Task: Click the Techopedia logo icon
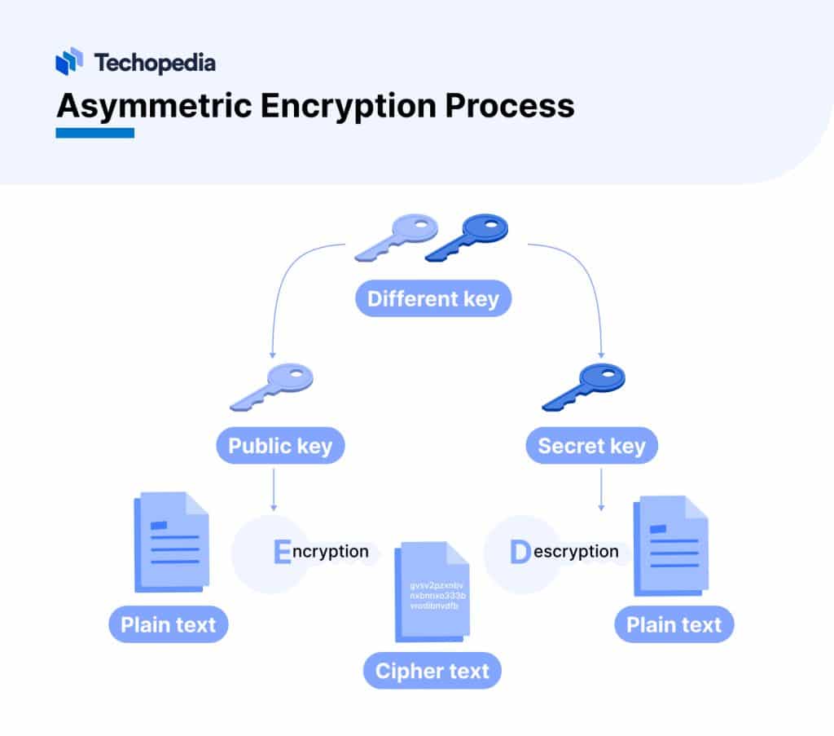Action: pyautogui.click(x=69, y=61)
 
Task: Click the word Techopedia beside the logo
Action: pyautogui.click(x=155, y=62)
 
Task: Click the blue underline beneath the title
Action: pyautogui.click(x=94, y=133)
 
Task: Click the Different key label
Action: pyautogui.click(x=432, y=298)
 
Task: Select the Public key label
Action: pyautogui.click(x=280, y=446)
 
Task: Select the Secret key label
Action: pyautogui.click(x=591, y=446)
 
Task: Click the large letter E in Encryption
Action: pyautogui.click(x=282, y=552)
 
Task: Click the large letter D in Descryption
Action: pyautogui.click(x=520, y=552)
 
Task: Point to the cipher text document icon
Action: pyautogui.click(x=432, y=593)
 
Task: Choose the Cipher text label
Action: pyautogui.click(x=432, y=671)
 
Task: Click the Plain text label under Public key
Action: pyautogui.click(x=169, y=625)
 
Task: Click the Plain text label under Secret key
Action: pyautogui.click(x=674, y=625)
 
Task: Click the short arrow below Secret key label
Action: pyautogui.click(x=601, y=489)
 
